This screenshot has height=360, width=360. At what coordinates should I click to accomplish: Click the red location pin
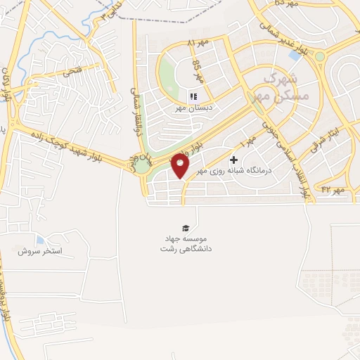tap(181, 165)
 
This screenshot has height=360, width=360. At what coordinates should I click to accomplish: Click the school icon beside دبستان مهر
tap(193, 97)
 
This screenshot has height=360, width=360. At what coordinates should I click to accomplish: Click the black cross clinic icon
tap(234, 160)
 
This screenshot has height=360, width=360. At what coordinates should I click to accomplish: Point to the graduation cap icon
tap(186, 228)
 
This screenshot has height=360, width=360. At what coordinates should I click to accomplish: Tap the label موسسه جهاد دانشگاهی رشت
tap(186, 243)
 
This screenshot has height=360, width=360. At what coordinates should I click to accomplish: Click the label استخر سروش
tap(41, 251)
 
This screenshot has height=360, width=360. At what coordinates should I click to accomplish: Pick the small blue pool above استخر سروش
tap(39, 240)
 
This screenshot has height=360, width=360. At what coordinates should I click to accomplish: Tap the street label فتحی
tap(72, 70)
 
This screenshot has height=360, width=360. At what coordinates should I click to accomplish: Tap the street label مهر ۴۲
tap(332, 190)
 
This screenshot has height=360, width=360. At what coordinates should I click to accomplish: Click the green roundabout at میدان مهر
tap(143, 166)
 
